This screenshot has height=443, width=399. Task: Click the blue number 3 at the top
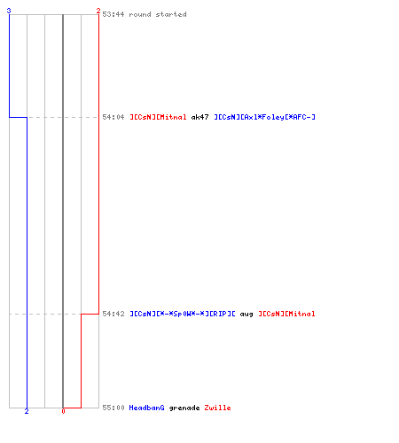pos(9,11)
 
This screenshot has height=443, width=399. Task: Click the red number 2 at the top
pos(98,11)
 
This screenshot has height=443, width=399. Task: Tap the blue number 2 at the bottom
pos(27,411)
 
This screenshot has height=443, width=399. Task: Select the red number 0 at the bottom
pos(63,411)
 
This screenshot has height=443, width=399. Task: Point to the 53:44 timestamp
pos(113,14)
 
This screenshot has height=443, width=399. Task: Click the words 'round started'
pos(158,14)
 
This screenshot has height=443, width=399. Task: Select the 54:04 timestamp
pos(113,117)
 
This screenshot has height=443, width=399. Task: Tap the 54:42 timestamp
pos(113,314)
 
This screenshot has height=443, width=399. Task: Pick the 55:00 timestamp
pos(113,408)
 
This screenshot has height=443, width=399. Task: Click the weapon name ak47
pos(200,117)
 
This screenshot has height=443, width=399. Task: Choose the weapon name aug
pos(246,315)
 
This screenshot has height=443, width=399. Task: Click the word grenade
pos(184,408)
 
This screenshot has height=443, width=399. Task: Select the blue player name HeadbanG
pos(147,408)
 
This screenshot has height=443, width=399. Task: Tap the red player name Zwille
pos(217,408)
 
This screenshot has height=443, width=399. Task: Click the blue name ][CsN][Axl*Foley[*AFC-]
pos(265,117)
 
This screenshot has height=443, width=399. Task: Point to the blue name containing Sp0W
pos(183,314)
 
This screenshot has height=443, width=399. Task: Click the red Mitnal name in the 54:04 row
pos(158,117)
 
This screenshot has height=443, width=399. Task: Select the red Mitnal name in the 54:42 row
pos(286,314)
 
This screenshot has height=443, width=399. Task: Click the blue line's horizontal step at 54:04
pos(18,117)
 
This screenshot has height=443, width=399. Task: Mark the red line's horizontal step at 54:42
pos(90,314)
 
